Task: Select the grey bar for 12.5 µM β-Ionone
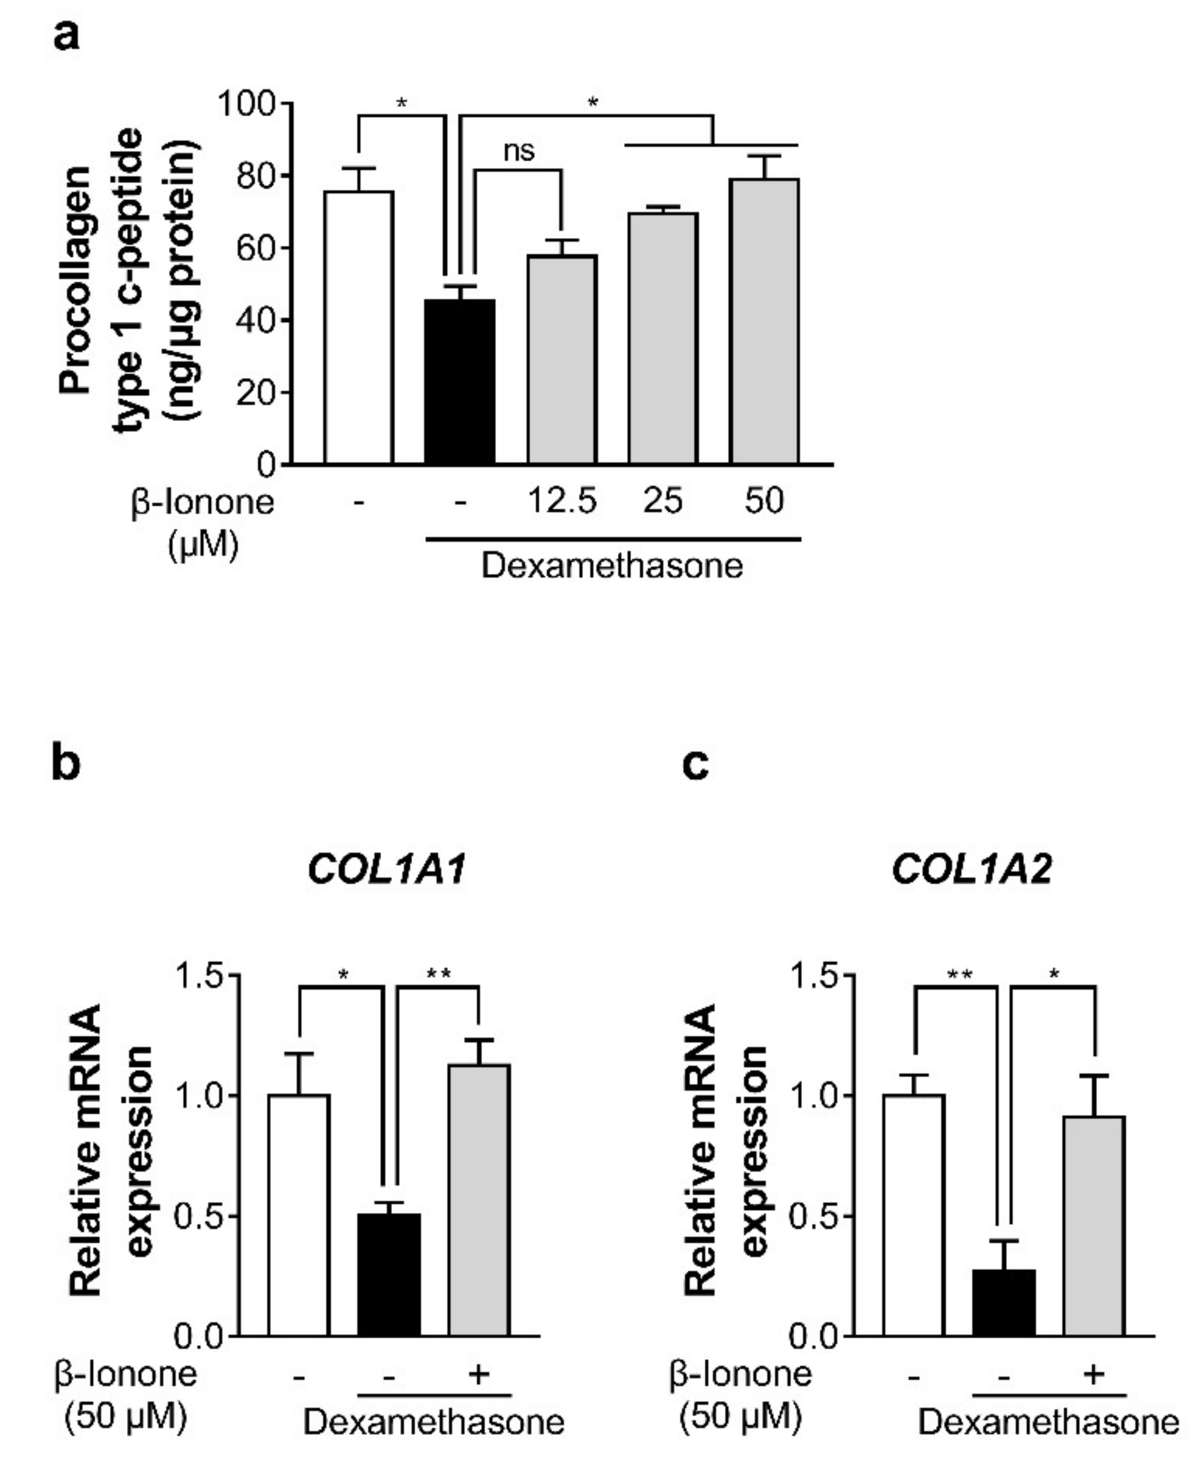(562, 360)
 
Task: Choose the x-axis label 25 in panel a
(663, 501)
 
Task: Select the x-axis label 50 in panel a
(764, 501)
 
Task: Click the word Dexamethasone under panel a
(612, 565)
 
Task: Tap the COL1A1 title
(387, 869)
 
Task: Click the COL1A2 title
(972, 869)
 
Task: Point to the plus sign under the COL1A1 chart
(479, 1373)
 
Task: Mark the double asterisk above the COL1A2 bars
(959, 975)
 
